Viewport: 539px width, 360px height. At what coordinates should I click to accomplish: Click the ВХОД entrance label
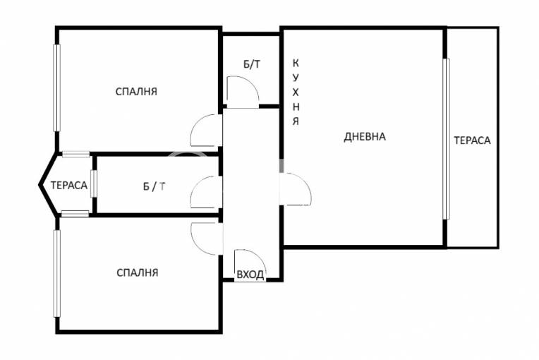click(x=250, y=275)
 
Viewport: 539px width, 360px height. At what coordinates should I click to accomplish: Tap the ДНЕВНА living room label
click(x=365, y=137)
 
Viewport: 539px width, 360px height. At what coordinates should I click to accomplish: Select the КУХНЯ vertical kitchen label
click(x=296, y=92)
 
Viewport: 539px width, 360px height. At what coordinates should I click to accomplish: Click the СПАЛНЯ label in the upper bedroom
click(x=136, y=92)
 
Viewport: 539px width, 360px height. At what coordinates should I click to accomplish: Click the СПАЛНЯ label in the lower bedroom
click(x=137, y=272)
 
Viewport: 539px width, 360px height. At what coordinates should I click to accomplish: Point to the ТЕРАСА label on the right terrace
click(x=472, y=140)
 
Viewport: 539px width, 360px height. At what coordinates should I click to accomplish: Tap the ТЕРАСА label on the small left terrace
click(x=69, y=186)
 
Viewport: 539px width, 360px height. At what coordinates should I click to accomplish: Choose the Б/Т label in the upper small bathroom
click(x=252, y=64)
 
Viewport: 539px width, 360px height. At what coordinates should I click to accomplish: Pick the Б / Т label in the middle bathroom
click(x=154, y=186)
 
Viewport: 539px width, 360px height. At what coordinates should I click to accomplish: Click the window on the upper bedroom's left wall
click(x=56, y=88)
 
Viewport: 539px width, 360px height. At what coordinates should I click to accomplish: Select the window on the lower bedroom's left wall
click(x=56, y=273)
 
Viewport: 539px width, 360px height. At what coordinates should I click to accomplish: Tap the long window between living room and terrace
click(x=446, y=139)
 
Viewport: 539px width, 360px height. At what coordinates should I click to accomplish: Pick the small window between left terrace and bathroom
click(x=94, y=184)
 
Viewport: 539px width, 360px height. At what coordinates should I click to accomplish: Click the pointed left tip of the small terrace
click(x=40, y=186)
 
